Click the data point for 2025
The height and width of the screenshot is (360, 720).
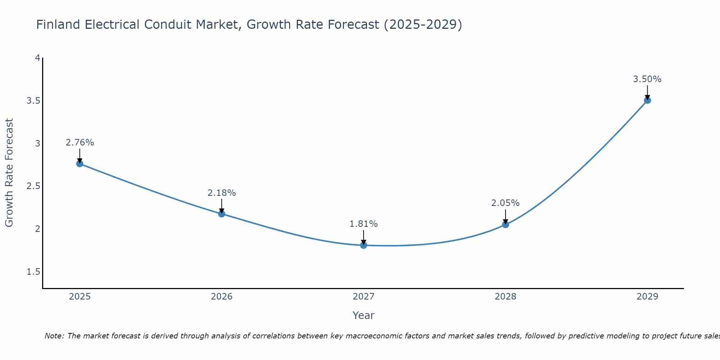[80, 164]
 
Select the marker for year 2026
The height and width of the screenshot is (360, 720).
[222, 214]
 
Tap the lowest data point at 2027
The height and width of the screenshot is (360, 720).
[364, 246]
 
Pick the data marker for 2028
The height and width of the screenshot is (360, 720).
[505, 225]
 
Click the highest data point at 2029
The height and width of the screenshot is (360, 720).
[647, 100]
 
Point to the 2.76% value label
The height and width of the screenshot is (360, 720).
[80, 143]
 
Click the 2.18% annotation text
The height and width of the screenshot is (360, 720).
[222, 193]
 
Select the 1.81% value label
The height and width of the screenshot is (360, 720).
[364, 224]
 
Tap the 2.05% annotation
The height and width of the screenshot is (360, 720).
[505, 203]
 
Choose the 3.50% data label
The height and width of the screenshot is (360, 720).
[647, 79]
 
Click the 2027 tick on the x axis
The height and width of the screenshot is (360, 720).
[364, 297]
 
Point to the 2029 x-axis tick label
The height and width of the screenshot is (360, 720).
[647, 297]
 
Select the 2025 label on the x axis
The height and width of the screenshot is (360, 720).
[80, 297]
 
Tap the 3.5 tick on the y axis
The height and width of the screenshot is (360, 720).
[33, 101]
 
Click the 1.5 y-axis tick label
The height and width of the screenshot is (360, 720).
[33, 272]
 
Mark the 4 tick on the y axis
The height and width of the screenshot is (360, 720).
[37, 58]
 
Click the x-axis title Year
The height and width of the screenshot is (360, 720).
[364, 315]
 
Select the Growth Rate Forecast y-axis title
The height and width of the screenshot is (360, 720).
[9, 173]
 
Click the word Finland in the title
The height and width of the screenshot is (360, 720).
[58, 24]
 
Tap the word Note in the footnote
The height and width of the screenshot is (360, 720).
[54, 336]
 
